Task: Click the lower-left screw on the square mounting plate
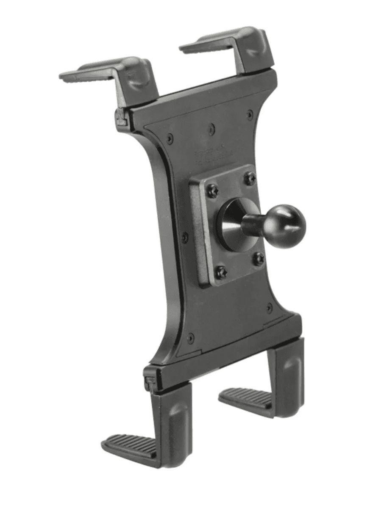tap(221, 272)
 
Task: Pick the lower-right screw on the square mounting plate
tap(258, 259)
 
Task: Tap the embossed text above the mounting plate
tap(214, 154)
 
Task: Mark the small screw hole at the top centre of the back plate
tap(212, 127)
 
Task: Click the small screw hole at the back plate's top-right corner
tap(250, 114)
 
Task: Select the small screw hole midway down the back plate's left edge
tap(185, 237)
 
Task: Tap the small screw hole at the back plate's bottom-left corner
tap(191, 338)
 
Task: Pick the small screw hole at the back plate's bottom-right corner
tap(269, 308)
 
